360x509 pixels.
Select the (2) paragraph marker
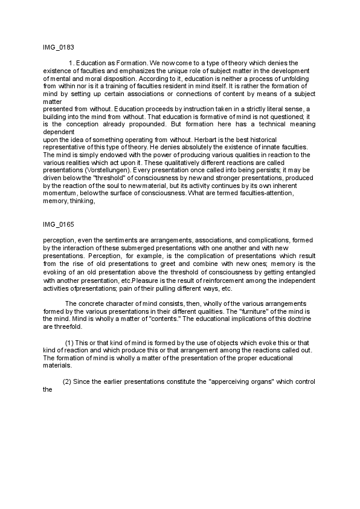coord(67,382)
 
